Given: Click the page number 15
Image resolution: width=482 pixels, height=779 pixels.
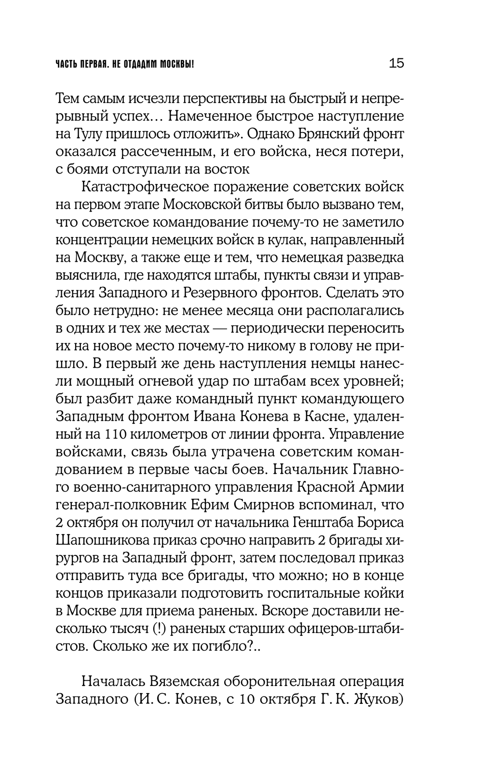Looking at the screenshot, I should (x=396, y=63).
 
